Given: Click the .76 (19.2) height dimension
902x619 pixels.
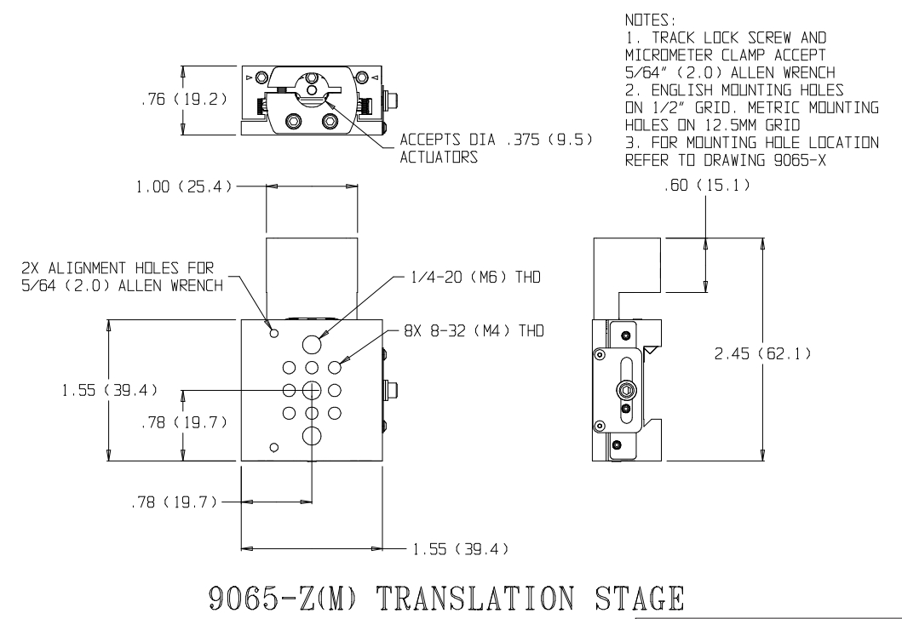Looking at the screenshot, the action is tap(184, 100).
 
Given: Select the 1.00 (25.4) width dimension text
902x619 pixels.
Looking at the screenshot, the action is tap(183, 186).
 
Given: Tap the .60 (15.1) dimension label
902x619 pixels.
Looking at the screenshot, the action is tap(707, 186).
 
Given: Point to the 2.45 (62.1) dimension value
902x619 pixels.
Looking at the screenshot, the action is tap(763, 353).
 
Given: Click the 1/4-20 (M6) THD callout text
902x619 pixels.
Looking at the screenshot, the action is tap(476, 278).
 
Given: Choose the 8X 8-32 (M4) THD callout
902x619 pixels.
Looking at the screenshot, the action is tap(474, 330).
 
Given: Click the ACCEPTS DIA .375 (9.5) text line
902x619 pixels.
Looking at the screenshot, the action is tap(496, 140).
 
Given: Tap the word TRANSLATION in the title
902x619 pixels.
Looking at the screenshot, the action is tap(475, 598).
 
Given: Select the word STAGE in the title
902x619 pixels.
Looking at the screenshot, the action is tap(640, 598).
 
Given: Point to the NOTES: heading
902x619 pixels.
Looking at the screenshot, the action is tap(650, 20).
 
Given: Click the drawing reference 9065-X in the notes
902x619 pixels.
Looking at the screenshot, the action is tap(800, 160).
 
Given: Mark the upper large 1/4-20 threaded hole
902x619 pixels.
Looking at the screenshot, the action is tap(312, 344).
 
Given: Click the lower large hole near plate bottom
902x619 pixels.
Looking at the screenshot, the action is tap(312, 435).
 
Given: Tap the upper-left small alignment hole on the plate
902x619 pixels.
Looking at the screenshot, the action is tap(274, 333).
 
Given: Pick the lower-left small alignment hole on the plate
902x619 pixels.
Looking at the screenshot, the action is tap(274, 448).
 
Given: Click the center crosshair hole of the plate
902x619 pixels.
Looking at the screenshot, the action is tap(312, 390).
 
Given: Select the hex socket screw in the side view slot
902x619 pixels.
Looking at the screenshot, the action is tap(626, 391).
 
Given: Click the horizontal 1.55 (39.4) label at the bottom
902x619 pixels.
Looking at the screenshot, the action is tap(461, 549).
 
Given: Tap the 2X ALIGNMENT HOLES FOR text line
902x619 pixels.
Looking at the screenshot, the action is tap(118, 268).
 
